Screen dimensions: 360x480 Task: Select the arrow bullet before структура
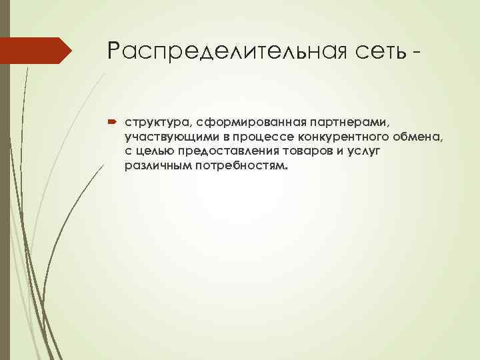[x=110, y=123]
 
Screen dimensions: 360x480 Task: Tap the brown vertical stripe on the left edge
[x=4, y=200]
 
